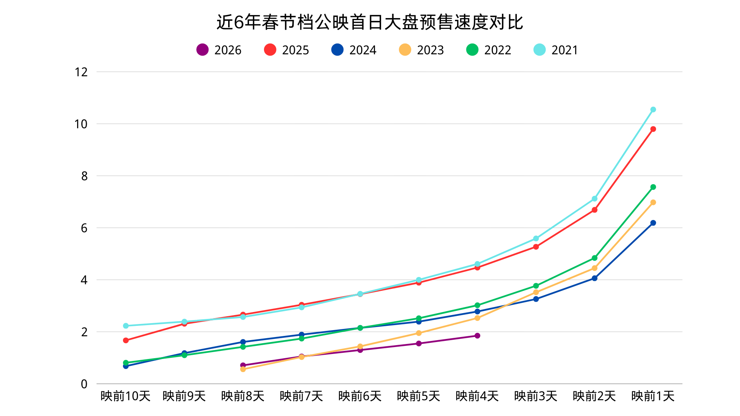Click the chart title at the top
(x=370, y=22)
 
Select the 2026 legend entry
(x=219, y=50)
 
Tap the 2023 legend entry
(x=422, y=50)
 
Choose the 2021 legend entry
(x=556, y=50)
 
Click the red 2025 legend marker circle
(x=270, y=50)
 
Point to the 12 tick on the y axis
(x=81, y=72)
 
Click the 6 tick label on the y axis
(x=84, y=228)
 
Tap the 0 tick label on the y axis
(x=84, y=384)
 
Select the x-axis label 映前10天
(x=125, y=396)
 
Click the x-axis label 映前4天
(x=477, y=396)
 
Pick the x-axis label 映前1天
(x=653, y=396)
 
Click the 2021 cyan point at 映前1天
(x=653, y=110)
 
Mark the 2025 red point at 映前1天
(x=653, y=129)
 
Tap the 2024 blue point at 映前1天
(x=653, y=223)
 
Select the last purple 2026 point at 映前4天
(x=477, y=336)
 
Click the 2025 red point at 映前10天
(x=126, y=341)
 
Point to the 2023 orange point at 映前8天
(x=243, y=369)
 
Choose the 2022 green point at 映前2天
(x=594, y=258)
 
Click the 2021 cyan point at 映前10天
(x=126, y=326)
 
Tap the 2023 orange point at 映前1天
(x=653, y=202)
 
